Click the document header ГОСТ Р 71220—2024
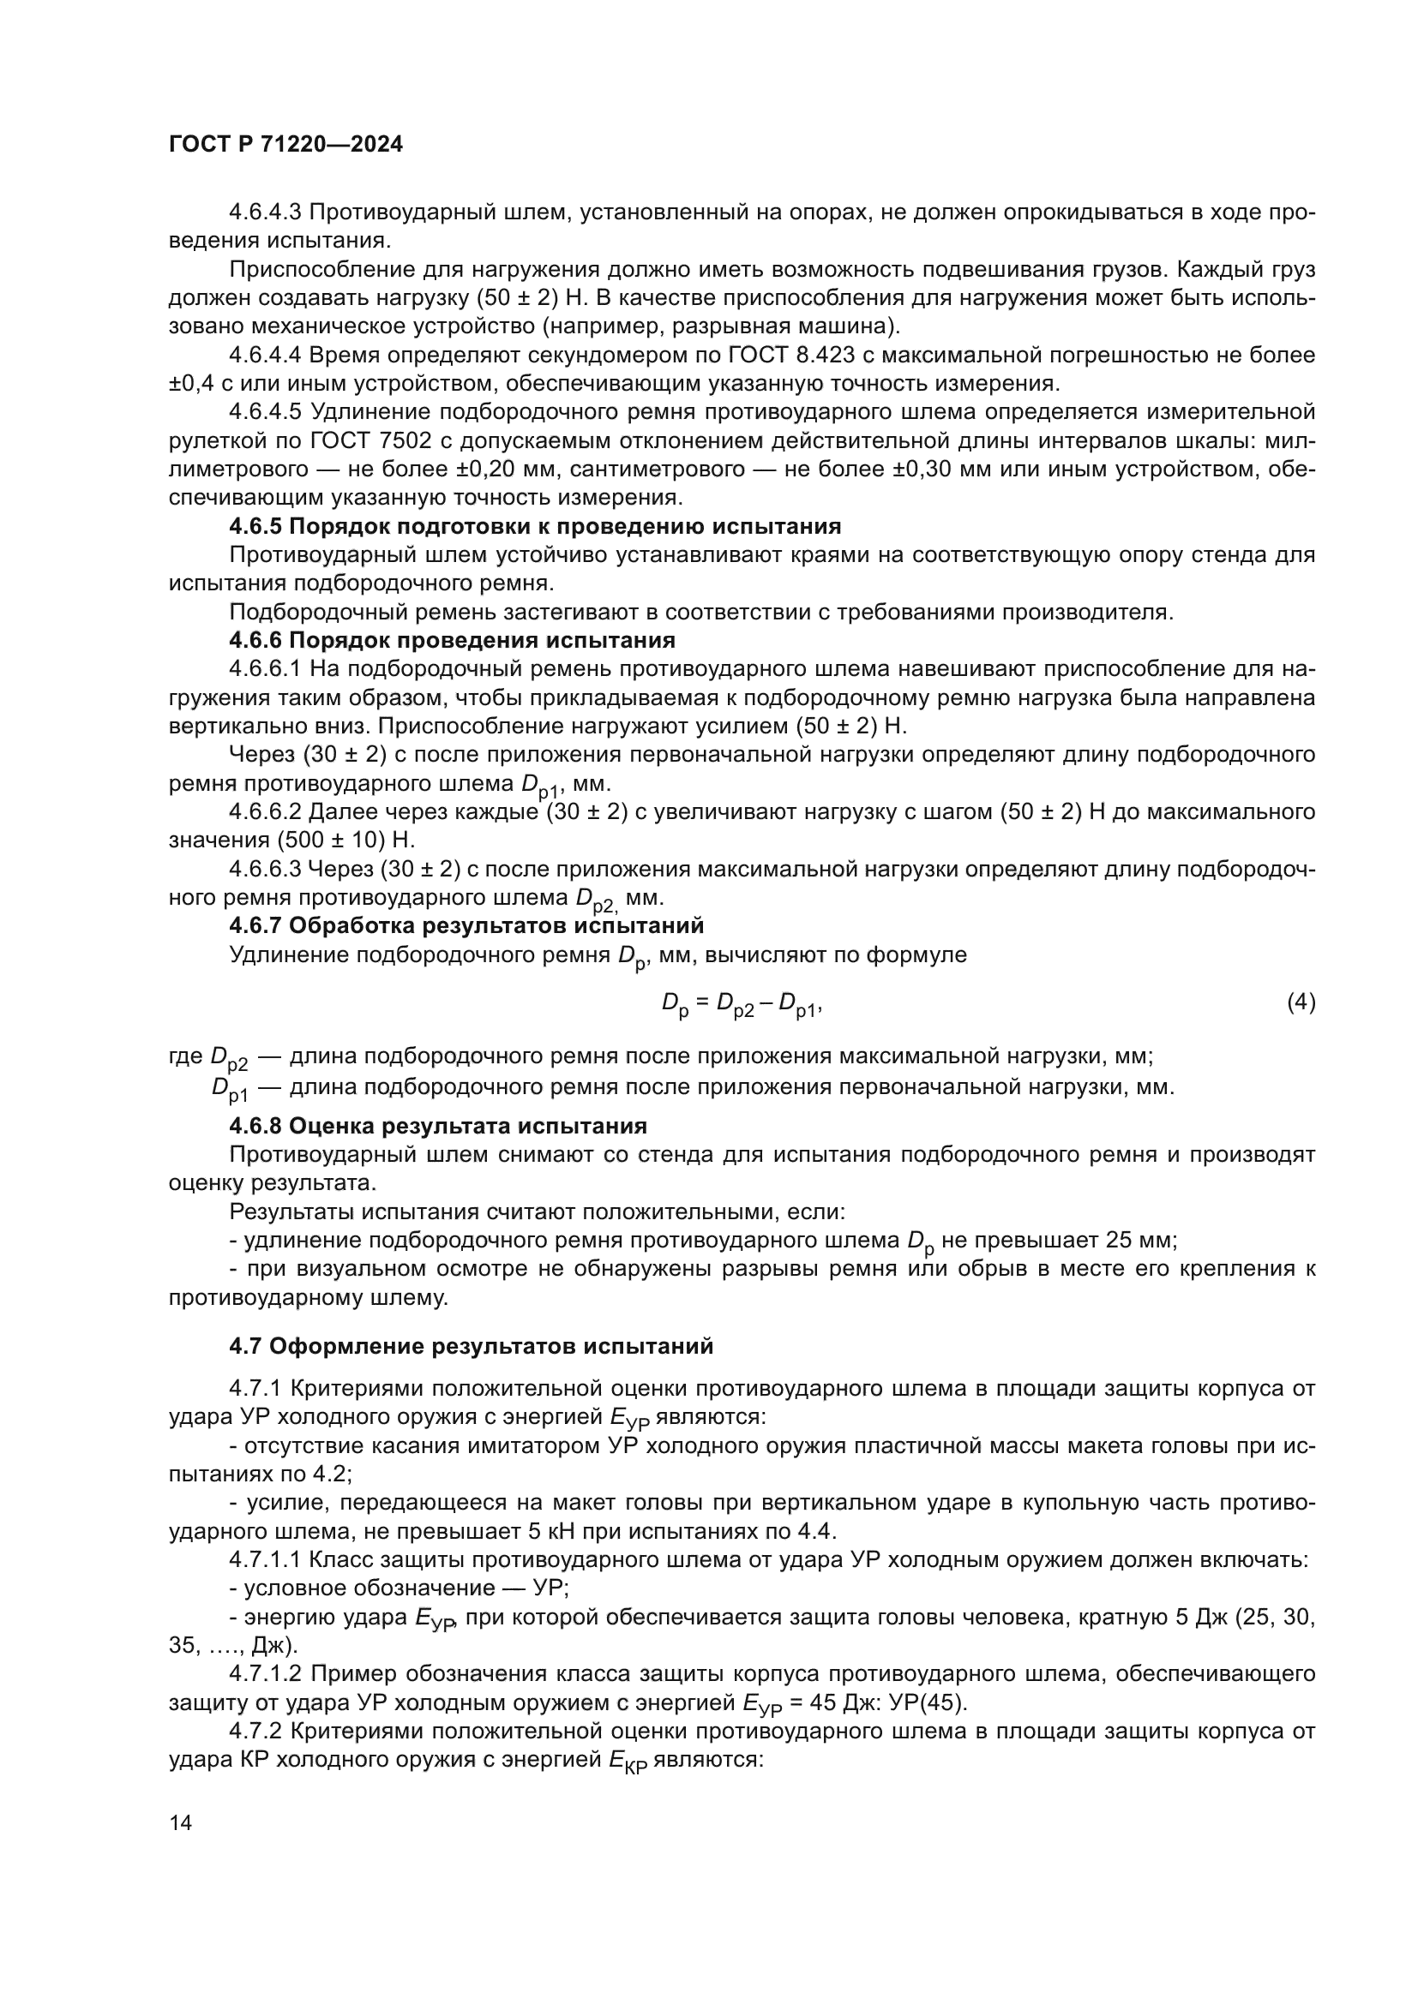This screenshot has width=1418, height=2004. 285,145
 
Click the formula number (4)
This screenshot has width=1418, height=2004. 1301,1003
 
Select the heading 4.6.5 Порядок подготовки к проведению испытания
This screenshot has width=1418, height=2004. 534,526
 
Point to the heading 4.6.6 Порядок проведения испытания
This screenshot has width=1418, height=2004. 452,640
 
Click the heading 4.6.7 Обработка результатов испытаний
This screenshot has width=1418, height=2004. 466,925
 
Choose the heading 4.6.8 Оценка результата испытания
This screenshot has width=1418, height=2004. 437,1125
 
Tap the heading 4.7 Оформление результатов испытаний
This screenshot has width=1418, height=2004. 471,1347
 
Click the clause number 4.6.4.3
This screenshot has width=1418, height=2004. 266,212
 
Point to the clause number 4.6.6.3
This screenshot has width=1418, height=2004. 266,870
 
